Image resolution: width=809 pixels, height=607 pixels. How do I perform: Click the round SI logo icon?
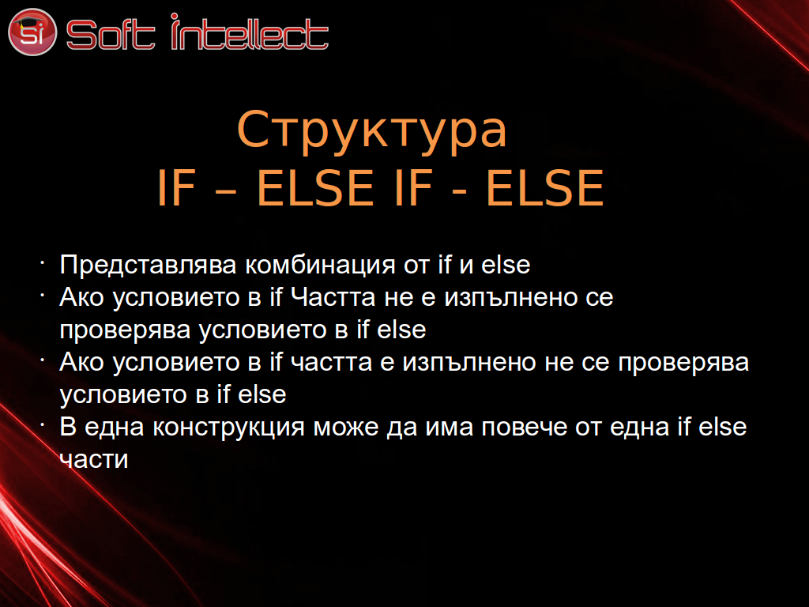click(x=32, y=32)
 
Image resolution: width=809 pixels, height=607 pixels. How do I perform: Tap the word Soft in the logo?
click(x=111, y=35)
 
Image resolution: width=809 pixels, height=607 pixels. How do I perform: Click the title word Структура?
click(x=372, y=130)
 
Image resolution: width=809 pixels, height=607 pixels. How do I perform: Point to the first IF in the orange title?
click(x=176, y=188)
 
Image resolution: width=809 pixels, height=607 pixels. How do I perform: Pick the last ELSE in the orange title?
click(x=545, y=188)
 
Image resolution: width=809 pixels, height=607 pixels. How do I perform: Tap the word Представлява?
click(x=148, y=266)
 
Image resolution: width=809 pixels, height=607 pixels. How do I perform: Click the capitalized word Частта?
click(x=333, y=297)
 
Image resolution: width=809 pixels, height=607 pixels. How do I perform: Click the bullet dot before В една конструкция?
click(x=43, y=424)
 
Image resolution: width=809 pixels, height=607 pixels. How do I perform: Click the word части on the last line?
click(x=94, y=460)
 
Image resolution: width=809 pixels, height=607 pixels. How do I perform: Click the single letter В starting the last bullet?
click(x=68, y=427)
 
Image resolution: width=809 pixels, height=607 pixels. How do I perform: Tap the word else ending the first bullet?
click(x=506, y=265)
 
